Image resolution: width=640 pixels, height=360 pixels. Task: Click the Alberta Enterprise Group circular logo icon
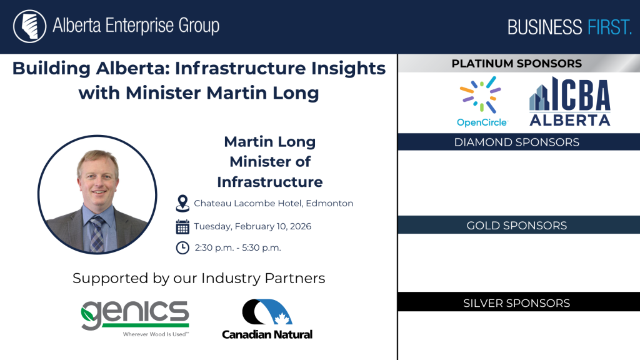[x=29, y=26]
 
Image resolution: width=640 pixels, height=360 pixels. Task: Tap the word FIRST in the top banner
[x=609, y=27]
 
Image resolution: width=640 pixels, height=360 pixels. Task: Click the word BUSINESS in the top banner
[x=544, y=27]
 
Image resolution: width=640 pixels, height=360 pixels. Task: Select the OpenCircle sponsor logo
[x=482, y=102]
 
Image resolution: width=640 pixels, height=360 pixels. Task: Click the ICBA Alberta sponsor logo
[x=570, y=101]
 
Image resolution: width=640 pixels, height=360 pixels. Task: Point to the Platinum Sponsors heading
[x=516, y=64]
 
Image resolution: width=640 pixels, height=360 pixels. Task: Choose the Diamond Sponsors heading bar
[x=519, y=142]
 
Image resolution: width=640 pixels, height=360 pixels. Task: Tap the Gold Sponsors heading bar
[x=519, y=225]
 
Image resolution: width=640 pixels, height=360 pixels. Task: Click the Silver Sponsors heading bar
[x=519, y=302]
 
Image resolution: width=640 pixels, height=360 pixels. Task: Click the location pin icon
[x=182, y=203]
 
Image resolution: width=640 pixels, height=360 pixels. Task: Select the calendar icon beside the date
[x=182, y=227]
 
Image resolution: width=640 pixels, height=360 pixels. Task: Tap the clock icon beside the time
[x=182, y=247]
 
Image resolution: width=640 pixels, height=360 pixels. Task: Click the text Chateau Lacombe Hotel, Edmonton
[x=274, y=203]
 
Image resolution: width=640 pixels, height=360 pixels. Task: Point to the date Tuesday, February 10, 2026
[x=252, y=226]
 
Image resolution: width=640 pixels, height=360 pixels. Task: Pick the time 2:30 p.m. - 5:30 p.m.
[x=238, y=247]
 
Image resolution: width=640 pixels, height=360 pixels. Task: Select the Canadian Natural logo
[x=267, y=319]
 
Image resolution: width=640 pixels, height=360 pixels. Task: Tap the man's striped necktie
[x=97, y=234]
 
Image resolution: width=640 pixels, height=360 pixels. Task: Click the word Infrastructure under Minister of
[x=270, y=182]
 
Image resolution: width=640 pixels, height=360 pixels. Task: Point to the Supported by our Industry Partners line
[x=199, y=278]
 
